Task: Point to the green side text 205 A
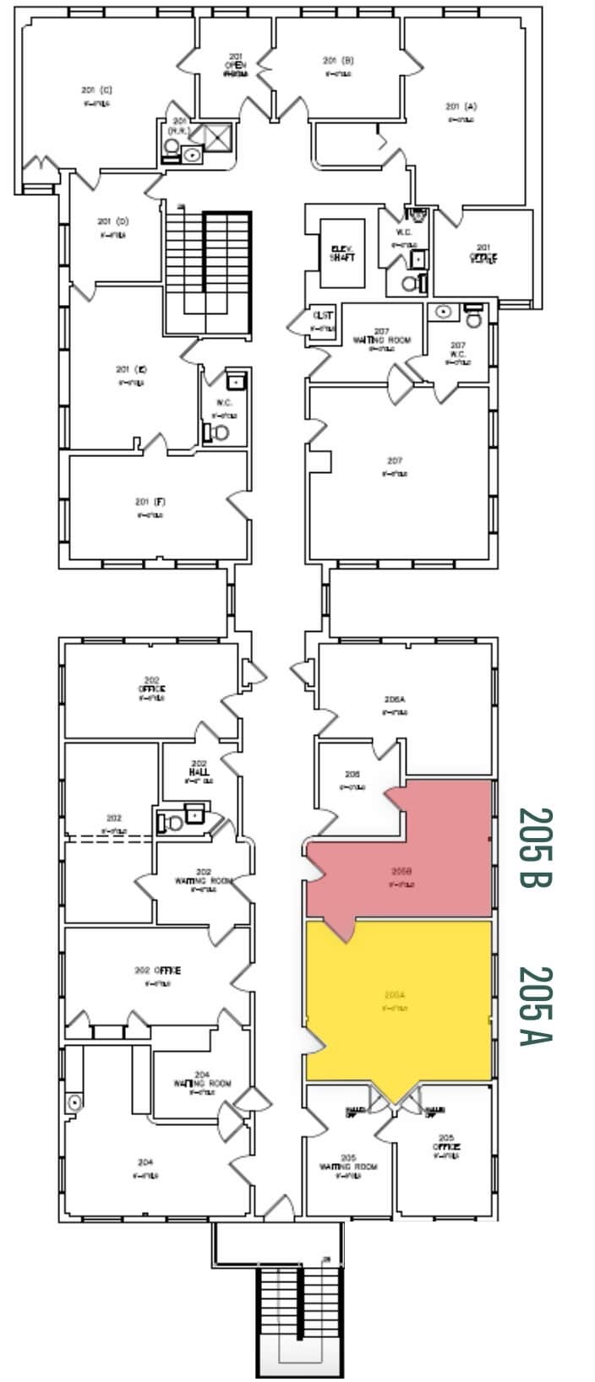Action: click(535, 1005)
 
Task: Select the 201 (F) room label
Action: click(149, 503)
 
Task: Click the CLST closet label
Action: click(323, 317)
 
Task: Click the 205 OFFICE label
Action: click(445, 1142)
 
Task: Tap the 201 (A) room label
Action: click(461, 107)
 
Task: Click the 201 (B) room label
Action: click(337, 61)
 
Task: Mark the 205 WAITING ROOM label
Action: click(348, 1162)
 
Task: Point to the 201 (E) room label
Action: click(132, 370)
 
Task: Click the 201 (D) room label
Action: click(112, 222)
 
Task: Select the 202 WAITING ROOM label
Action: click(203, 876)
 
